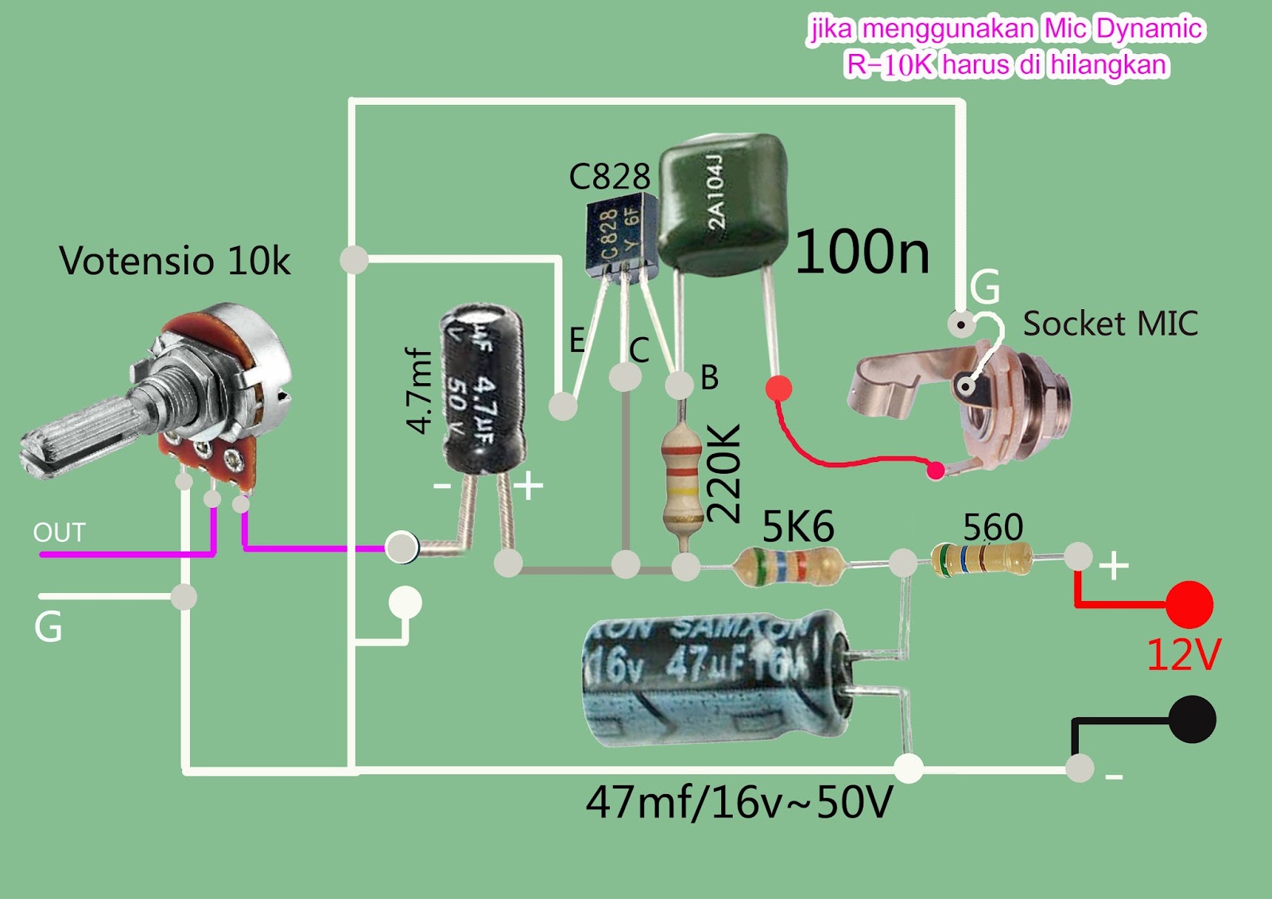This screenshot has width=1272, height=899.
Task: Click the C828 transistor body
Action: [620, 234]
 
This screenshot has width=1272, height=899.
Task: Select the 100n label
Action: [862, 253]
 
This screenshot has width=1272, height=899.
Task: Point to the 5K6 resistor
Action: [789, 566]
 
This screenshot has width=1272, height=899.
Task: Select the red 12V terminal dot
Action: [1189, 604]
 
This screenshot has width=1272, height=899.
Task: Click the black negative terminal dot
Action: [1192, 719]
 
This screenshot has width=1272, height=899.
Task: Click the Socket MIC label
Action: [1110, 324]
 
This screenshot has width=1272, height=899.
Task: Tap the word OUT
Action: [59, 533]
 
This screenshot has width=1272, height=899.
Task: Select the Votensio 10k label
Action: [175, 261]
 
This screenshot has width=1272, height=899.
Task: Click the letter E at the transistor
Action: [577, 340]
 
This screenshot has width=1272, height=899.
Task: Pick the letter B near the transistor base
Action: [709, 378]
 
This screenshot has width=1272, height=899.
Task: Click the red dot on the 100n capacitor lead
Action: [779, 389]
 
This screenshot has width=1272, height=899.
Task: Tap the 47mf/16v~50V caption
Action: [739, 803]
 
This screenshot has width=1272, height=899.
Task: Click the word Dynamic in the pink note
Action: [1148, 29]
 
